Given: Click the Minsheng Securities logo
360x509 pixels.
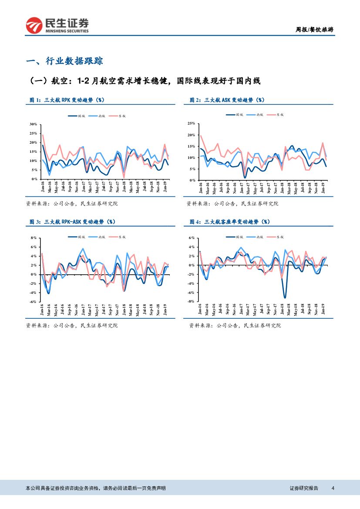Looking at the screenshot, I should point(57,26).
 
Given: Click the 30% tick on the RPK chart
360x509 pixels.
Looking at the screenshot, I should point(33,124).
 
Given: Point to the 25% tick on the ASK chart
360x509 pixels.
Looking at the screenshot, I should point(191,124).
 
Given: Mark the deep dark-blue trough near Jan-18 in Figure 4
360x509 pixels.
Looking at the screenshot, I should point(285,298).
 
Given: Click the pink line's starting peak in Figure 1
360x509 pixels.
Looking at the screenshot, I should point(43,135).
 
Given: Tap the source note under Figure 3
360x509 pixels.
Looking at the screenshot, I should point(72,325).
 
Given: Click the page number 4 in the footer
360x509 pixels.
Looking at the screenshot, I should point(333,488).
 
